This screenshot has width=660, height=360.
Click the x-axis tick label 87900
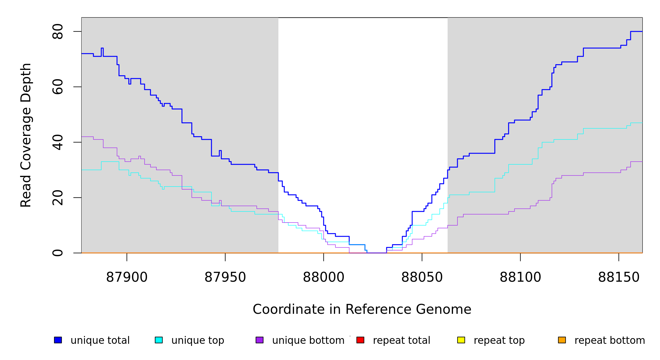(x=127, y=277)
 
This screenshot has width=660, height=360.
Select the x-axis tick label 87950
(x=225, y=277)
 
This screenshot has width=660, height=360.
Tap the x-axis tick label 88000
(x=323, y=277)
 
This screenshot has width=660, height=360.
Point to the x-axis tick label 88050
(x=422, y=277)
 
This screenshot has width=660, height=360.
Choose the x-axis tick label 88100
(x=520, y=277)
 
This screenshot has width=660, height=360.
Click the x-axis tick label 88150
(x=619, y=277)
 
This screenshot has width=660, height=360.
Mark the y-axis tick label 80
(x=58, y=31)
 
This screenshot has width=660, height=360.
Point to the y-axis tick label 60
(x=58, y=87)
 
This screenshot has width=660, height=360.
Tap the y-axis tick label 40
(x=58, y=142)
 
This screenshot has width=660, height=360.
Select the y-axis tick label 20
(x=58, y=198)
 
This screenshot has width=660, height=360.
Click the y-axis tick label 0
(x=58, y=253)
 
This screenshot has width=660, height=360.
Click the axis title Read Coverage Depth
(x=26, y=135)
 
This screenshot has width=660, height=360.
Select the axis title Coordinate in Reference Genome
(x=362, y=309)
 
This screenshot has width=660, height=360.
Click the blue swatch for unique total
(x=58, y=340)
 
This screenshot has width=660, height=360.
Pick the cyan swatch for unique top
(x=159, y=340)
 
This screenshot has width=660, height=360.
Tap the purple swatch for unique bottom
(x=259, y=340)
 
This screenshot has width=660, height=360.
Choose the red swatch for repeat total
(x=360, y=340)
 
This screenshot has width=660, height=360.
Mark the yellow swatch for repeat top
(x=461, y=340)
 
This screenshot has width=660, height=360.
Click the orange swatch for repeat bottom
(x=562, y=340)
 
